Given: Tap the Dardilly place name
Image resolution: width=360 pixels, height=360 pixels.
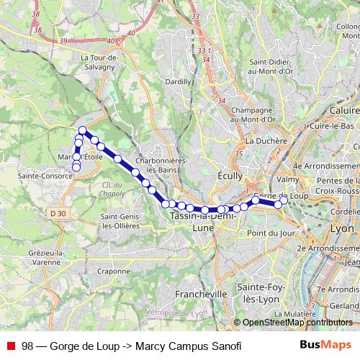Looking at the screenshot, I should [178, 82].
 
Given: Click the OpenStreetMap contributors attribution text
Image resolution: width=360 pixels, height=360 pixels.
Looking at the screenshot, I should [297, 323].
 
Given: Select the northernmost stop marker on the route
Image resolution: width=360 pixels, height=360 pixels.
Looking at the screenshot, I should [83, 130].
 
